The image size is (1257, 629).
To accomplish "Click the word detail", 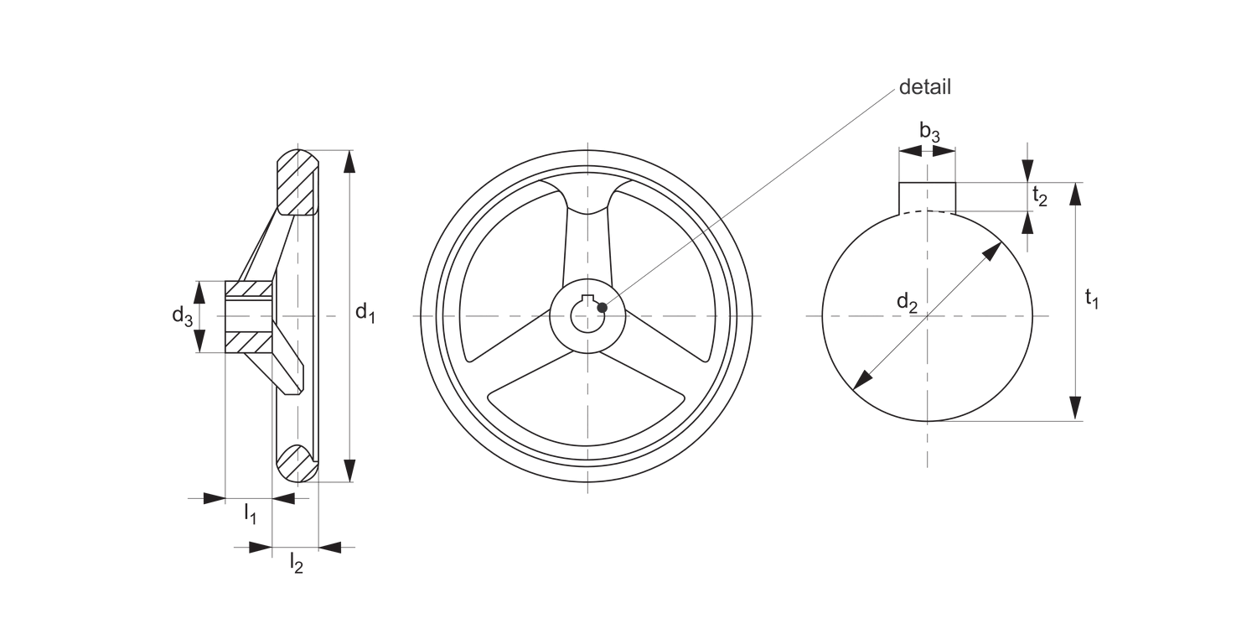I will [924, 87].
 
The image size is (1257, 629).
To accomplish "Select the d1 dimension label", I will [365, 314].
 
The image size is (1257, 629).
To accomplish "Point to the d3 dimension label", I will [183, 315].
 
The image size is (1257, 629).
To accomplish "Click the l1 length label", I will [250, 512].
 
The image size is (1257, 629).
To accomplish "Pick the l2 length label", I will [295, 562].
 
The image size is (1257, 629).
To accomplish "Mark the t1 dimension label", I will [1091, 298].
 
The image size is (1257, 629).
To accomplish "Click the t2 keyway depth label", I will [1040, 196].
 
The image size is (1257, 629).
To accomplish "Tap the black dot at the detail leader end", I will [602, 308].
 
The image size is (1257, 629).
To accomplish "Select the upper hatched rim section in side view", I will [296, 183].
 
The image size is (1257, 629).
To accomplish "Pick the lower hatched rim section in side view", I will [295, 463].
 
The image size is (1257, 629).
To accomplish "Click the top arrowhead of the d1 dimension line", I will [350, 161].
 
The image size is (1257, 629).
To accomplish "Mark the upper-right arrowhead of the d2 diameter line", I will [994, 251].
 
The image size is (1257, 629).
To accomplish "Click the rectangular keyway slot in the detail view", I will [927, 196].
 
